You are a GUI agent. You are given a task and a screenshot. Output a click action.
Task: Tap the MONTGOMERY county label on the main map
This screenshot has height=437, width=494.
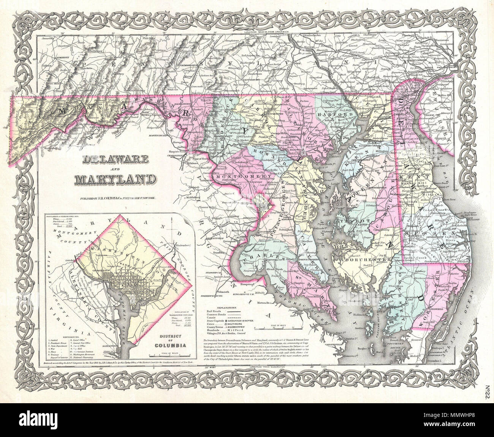(239, 177)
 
